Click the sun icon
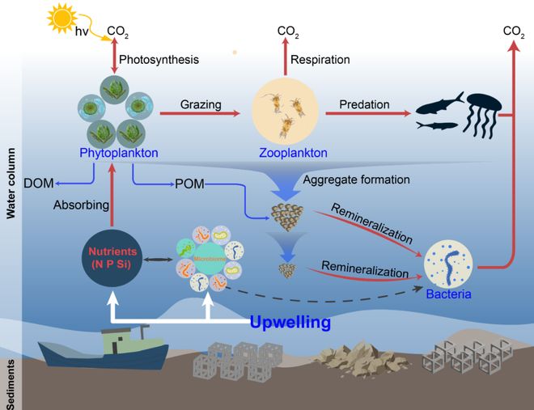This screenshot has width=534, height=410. (64, 17)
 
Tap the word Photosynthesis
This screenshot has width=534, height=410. (159, 59)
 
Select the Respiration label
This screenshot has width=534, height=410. (321, 59)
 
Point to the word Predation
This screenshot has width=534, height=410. (364, 104)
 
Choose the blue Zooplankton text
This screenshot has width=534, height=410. (293, 152)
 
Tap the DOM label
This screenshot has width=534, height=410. (39, 183)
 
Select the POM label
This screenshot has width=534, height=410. (189, 184)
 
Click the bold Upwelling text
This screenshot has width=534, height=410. (290, 323)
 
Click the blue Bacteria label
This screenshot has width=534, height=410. (448, 294)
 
